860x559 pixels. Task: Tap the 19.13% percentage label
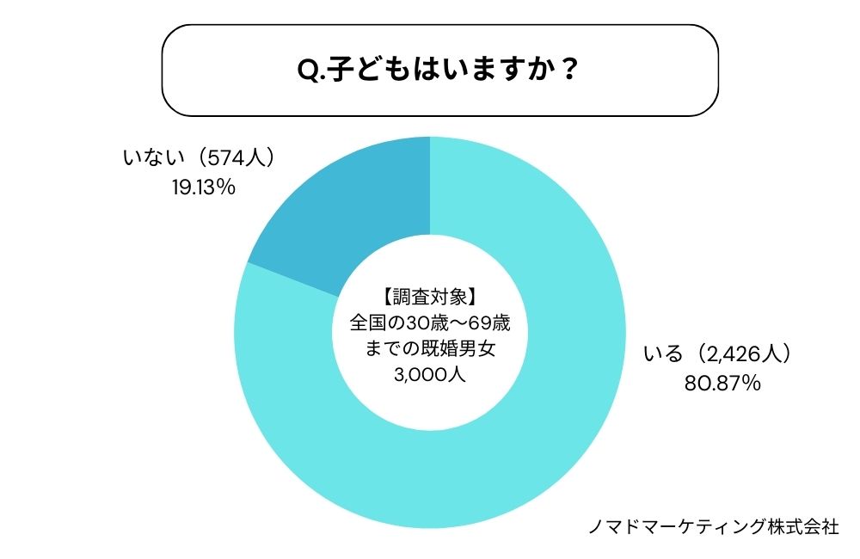(203, 186)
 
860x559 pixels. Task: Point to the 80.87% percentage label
(722, 384)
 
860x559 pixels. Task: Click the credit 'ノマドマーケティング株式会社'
(712, 526)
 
